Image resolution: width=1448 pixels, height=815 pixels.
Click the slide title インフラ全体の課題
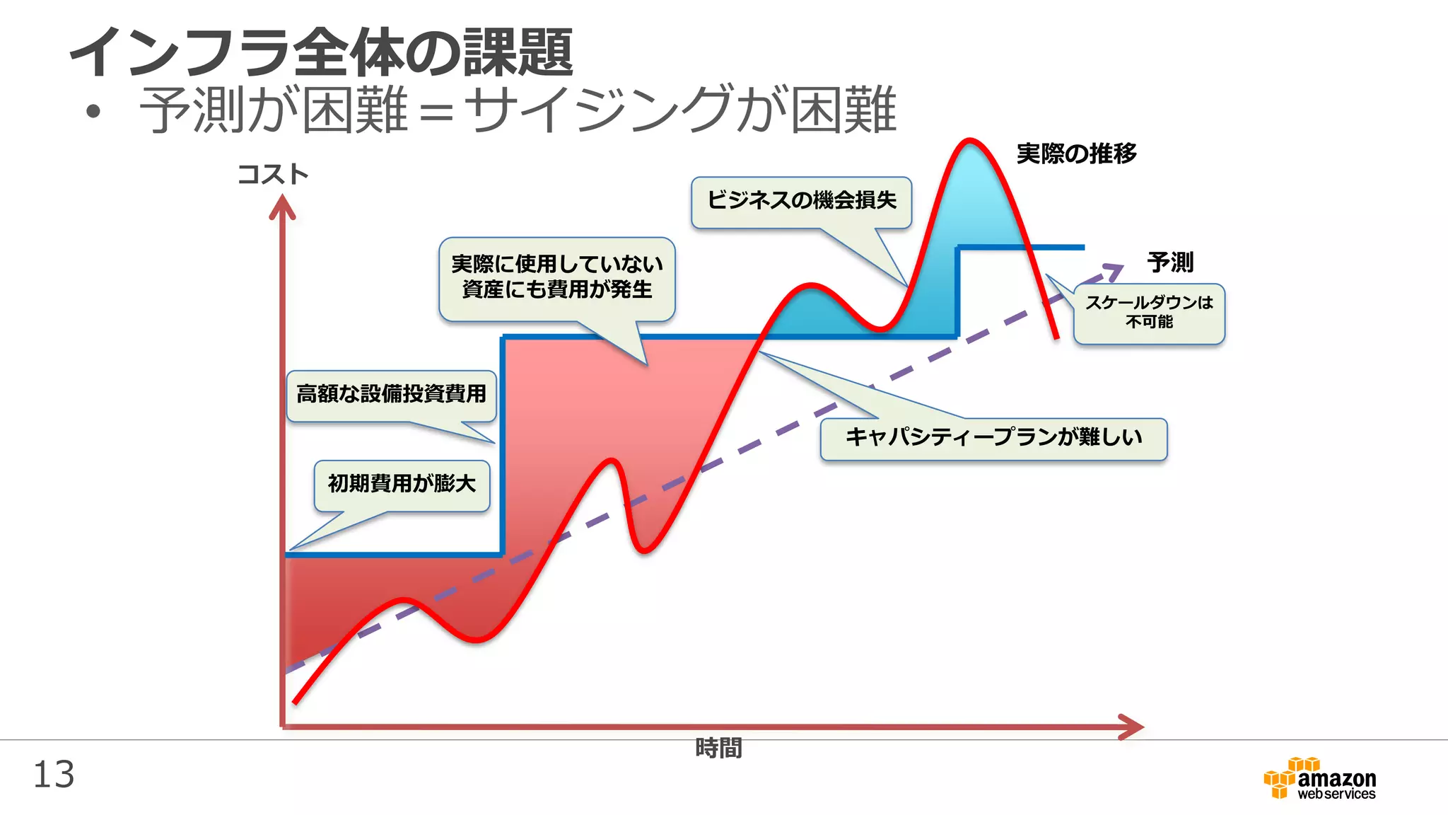(x=322, y=52)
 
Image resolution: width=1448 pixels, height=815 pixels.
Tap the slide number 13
(x=54, y=775)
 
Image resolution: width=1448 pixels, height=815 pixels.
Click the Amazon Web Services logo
(x=1319, y=779)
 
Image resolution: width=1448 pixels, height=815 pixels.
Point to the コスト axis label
(x=273, y=174)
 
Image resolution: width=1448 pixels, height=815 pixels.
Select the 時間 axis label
(x=718, y=748)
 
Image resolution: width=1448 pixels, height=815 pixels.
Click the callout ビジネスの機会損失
(x=801, y=202)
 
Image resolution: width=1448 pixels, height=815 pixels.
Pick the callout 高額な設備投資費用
(x=391, y=395)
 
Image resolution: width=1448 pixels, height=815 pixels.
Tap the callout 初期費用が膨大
(x=402, y=485)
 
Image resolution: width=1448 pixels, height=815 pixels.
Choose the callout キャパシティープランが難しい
(x=993, y=438)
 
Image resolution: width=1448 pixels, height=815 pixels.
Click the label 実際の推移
(x=1076, y=154)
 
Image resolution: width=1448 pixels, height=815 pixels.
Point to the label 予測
(x=1170, y=262)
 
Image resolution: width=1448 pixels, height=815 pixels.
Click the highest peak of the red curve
(x=969, y=141)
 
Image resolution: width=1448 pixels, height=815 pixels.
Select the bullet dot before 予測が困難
(x=93, y=111)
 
